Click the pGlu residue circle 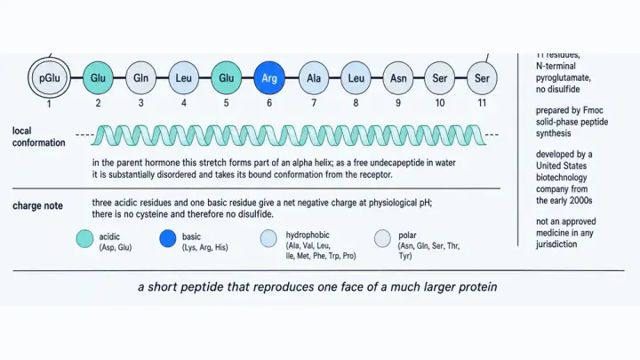[x=50, y=78]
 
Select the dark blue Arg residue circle [x=269, y=78]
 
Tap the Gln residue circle [x=140, y=78]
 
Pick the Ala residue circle [x=314, y=78]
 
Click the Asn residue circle [x=398, y=78]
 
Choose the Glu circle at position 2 [x=98, y=78]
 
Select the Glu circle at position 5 [x=226, y=78]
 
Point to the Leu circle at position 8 [x=356, y=78]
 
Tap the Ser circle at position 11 [x=482, y=78]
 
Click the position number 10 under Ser [x=440, y=103]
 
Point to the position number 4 [x=184, y=103]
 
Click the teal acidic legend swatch [x=85, y=239]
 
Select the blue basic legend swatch [x=168, y=239]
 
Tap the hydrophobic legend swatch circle [x=268, y=239]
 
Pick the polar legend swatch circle [x=382, y=239]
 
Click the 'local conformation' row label [x=39, y=137]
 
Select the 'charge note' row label [x=37, y=205]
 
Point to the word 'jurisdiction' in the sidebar [x=556, y=244]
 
